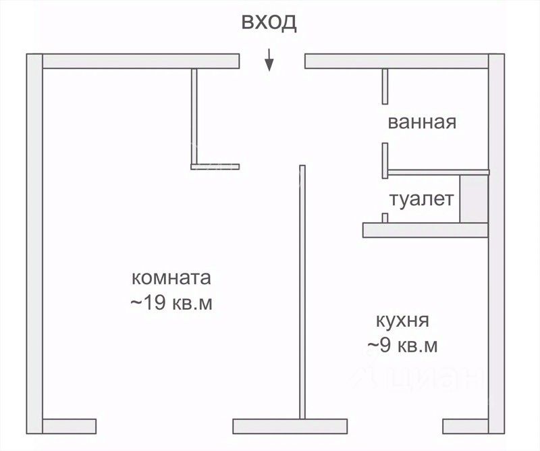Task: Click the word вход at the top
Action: pyautogui.click(x=269, y=22)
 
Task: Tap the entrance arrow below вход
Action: pyautogui.click(x=269, y=61)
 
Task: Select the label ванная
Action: pyautogui.click(x=422, y=123)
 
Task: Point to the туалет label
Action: pyautogui.click(x=422, y=200)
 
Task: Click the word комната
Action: pyautogui.click(x=171, y=277)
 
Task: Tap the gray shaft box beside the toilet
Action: pyautogui.click(x=473, y=199)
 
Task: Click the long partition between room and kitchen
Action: pyautogui.click(x=300, y=290)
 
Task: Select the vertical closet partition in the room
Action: pyautogui.click(x=194, y=116)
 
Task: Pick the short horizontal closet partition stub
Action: pyautogui.click(x=216, y=166)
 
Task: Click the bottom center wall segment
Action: pyautogui.click(x=279, y=427)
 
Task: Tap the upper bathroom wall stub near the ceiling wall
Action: pyautogui.click(x=384, y=86)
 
